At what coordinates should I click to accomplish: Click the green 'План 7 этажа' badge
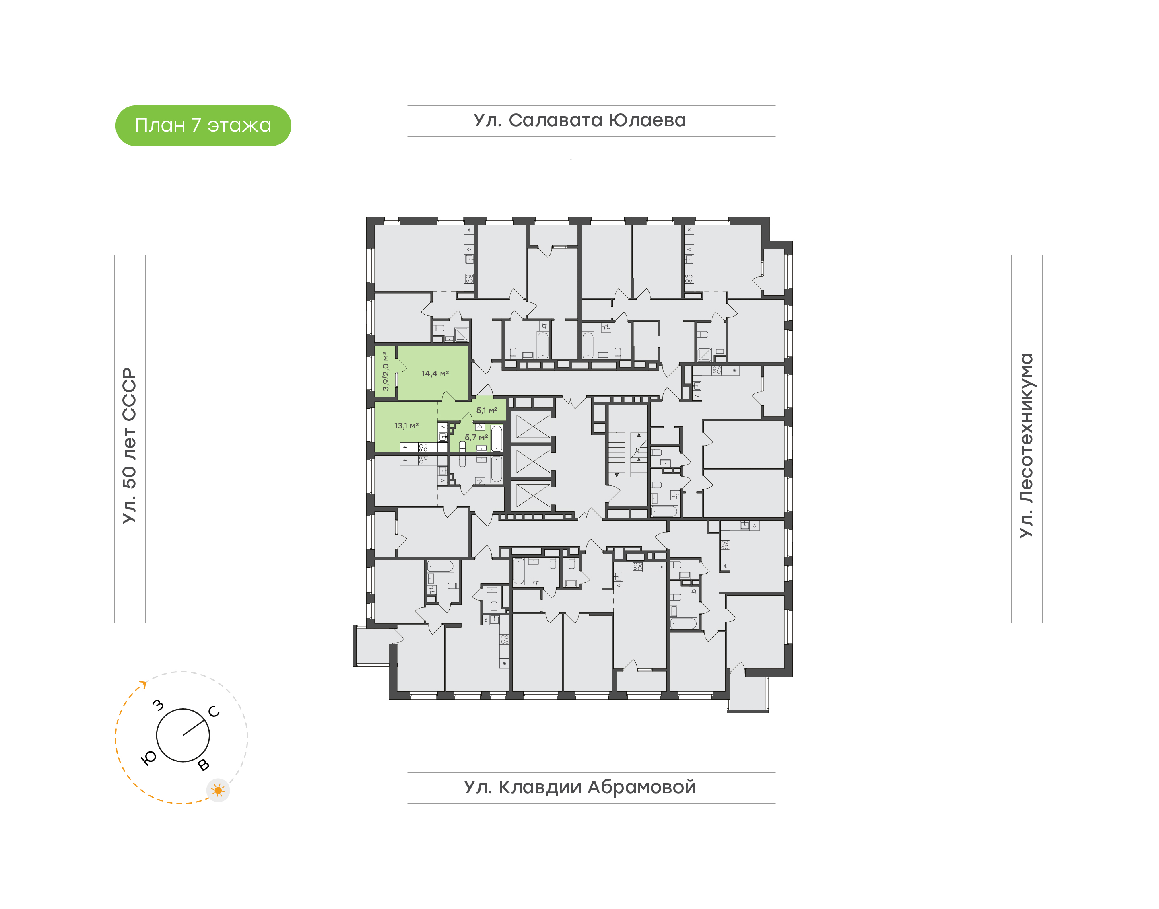(203, 125)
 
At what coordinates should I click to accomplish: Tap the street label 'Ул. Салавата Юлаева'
(580, 121)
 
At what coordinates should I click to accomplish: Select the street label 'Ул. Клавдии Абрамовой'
(580, 787)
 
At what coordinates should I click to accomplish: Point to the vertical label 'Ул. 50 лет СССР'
(129, 446)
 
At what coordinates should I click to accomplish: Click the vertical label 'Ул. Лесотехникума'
(1026, 446)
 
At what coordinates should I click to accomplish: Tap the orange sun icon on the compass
(218, 790)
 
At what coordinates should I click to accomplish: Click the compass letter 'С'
(214, 712)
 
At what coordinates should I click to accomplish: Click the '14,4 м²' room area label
(435, 374)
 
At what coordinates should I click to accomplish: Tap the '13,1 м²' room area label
(406, 426)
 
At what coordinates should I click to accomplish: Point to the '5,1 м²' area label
(487, 410)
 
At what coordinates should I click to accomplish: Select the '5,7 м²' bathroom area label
(476, 438)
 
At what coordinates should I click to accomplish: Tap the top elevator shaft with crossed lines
(533, 426)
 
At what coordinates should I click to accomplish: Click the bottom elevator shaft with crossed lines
(533, 495)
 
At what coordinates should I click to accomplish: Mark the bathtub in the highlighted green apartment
(496, 438)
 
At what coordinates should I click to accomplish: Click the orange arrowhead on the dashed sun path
(143, 684)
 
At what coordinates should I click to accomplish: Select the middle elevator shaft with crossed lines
(533, 461)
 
